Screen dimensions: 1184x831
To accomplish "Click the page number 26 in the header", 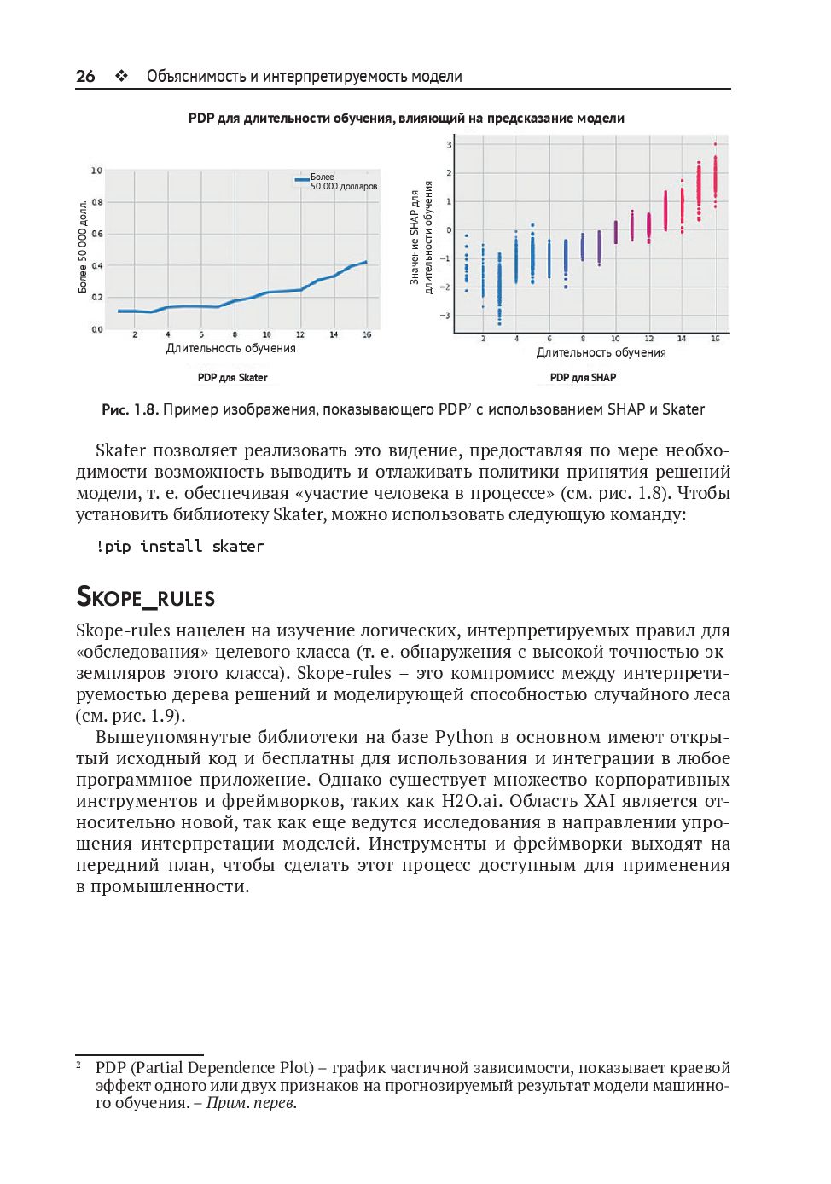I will [85, 76].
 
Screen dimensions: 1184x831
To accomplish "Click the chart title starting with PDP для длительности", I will [406, 119].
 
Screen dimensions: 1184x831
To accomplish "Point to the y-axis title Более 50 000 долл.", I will [83, 247].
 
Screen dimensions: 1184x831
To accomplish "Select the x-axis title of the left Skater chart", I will [230, 348].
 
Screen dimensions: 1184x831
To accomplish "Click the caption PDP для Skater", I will [232, 377].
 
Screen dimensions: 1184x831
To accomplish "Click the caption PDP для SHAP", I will [583, 377].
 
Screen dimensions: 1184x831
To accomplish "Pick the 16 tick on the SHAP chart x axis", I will [715, 339].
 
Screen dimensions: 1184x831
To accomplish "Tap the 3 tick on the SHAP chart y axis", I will [449, 144].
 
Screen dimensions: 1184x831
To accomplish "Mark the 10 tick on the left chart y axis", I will [96, 171].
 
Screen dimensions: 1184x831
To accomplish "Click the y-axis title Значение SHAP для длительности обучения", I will [421, 237].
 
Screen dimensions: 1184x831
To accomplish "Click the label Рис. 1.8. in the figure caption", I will [130, 409].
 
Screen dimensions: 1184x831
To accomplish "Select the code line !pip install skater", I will [180, 546].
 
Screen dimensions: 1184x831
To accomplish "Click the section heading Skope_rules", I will [146, 596].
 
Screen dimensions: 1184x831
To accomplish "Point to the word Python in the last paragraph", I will [464, 737].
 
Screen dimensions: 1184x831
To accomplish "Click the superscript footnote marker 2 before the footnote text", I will [78, 1064].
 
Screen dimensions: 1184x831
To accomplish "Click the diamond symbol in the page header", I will [122, 76].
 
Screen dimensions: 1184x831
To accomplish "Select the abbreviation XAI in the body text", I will [600, 801].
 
